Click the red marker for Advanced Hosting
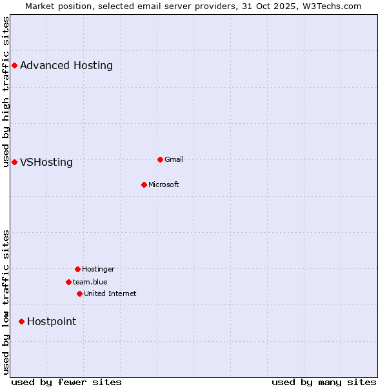14,65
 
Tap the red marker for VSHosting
14,162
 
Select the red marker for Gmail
160,159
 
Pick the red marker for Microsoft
144,184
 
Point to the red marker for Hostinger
77,269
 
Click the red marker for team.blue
68,282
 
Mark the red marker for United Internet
79,293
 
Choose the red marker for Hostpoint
21,321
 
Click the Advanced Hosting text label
66,65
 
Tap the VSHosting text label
46,162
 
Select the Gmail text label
174,159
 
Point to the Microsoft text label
164,184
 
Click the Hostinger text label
98,269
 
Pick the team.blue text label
90,282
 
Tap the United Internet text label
110,293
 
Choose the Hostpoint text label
52,321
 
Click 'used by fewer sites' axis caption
66,382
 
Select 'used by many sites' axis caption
324,382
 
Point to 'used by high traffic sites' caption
6,92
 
